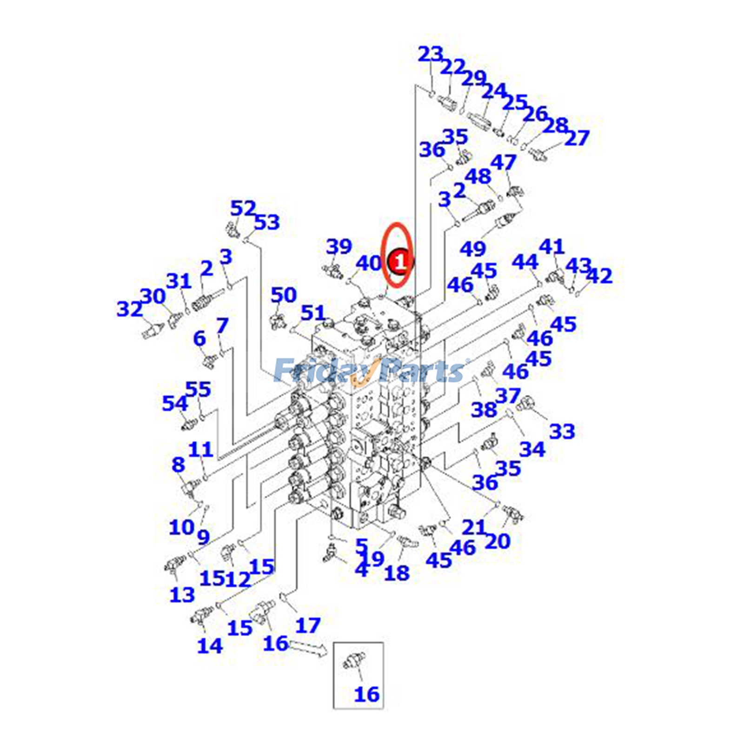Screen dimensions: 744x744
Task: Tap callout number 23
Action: [431, 55]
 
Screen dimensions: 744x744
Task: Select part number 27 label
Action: [577, 138]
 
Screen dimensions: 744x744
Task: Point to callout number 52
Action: [243, 208]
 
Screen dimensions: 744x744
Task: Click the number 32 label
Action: [129, 309]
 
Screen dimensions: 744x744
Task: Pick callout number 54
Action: [175, 403]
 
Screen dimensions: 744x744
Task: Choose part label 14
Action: [210, 645]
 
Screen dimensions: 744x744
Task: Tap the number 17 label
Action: [308, 625]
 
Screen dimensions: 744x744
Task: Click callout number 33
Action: [562, 432]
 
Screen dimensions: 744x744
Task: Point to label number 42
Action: [599, 276]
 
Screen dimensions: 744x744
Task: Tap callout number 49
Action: [473, 249]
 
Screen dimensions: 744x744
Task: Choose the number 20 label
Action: [498, 541]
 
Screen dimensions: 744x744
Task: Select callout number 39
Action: [339, 246]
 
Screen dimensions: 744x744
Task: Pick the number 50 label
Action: [284, 295]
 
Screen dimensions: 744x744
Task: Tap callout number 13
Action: [182, 595]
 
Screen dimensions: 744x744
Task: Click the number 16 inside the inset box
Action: [367, 694]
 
